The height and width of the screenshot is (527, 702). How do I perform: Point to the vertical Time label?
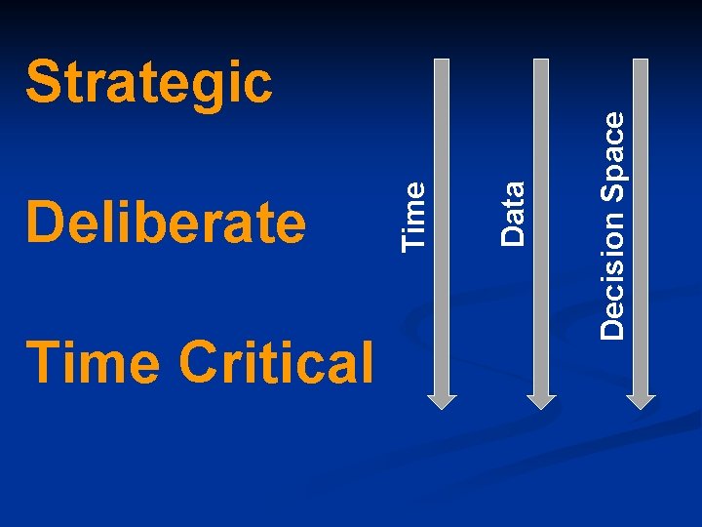(x=414, y=213)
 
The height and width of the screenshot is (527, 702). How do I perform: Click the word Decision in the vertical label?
(x=612, y=274)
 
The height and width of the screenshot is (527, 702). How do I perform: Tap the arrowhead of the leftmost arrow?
(x=442, y=399)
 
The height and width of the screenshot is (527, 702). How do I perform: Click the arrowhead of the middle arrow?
(x=541, y=399)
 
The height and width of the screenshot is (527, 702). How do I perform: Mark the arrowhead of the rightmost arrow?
(x=641, y=399)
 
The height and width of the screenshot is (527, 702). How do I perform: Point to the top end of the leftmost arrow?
(x=442, y=61)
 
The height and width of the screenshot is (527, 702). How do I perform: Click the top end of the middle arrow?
(x=541, y=61)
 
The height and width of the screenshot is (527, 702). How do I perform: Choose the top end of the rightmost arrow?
(x=641, y=61)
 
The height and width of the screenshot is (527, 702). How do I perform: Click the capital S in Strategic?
(x=42, y=82)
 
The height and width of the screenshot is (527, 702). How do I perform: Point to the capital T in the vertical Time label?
(x=414, y=238)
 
